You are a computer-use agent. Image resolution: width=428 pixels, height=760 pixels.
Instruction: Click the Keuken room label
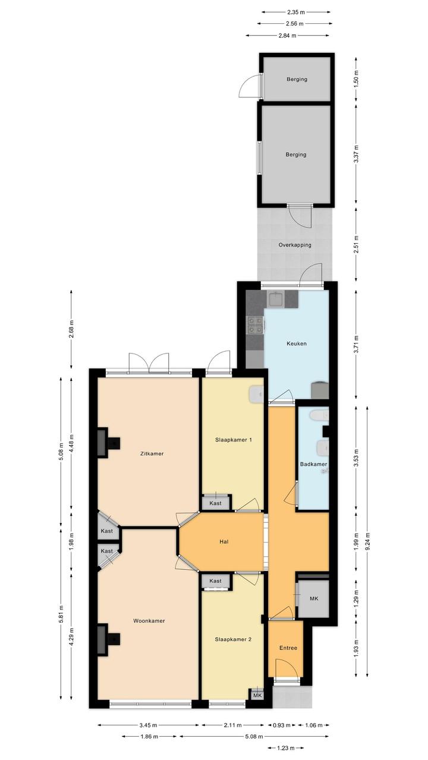tap(296, 343)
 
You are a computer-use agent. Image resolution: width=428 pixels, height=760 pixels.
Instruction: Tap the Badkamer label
tap(313, 464)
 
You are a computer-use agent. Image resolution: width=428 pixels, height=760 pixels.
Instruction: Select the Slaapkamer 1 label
tap(233, 440)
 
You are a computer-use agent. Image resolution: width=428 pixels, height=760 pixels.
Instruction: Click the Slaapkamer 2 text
tap(233, 639)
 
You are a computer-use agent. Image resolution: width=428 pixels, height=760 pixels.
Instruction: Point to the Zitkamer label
tap(152, 453)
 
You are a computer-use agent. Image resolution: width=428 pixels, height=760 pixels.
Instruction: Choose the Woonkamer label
tap(149, 620)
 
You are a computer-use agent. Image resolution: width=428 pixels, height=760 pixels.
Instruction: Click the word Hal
tap(224, 541)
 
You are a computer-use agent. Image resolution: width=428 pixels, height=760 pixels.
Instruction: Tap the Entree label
tap(288, 648)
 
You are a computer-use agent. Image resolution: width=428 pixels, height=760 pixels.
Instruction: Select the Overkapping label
tap(295, 245)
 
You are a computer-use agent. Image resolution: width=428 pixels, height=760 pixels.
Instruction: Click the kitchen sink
tap(276, 298)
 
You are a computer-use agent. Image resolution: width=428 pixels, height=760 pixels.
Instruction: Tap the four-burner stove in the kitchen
tap(255, 324)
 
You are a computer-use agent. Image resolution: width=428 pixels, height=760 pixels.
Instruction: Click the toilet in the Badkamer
tap(319, 415)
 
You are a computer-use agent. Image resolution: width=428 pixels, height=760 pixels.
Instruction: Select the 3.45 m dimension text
tap(149, 725)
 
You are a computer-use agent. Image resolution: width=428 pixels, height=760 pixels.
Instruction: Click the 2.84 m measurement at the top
tap(287, 35)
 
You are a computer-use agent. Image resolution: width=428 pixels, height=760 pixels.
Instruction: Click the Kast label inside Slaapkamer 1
tap(215, 503)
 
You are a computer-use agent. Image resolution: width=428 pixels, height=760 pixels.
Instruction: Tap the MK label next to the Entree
tap(314, 599)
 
